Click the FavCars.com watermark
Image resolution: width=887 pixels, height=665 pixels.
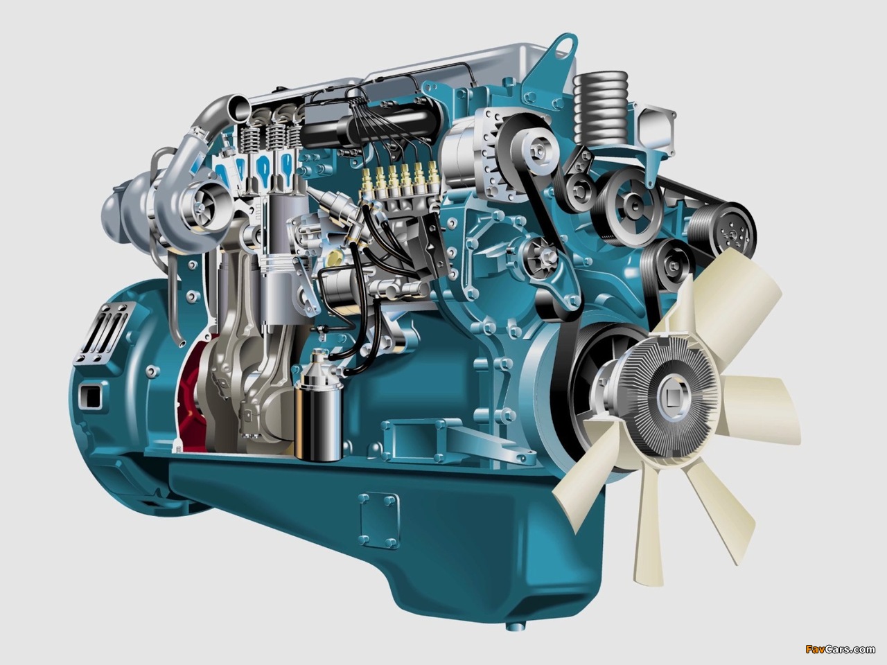tap(840, 650)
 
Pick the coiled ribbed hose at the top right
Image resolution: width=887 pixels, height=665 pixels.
tap(601, 108)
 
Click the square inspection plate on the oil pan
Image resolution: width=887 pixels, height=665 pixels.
tap(379, 520)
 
